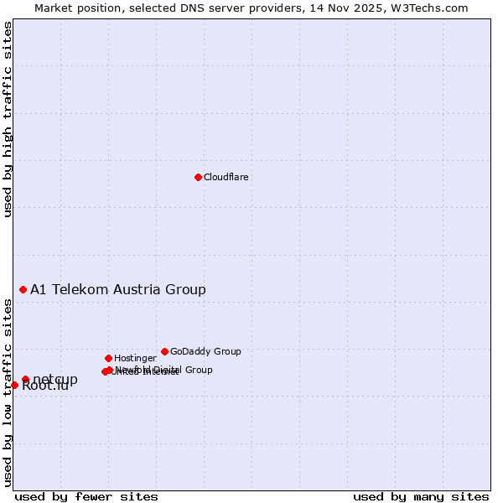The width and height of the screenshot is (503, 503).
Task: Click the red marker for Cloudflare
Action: click(x=198, y=177)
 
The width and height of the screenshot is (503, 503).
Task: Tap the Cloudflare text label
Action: click(x=226, y=178)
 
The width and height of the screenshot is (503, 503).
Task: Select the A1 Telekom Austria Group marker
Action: click(x=23, y=289)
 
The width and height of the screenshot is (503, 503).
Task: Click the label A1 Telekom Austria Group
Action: click(x=118, y=290)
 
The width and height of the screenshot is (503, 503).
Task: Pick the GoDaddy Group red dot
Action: click(x=164, y=351)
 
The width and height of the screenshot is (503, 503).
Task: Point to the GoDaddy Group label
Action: click(x=205, y=352)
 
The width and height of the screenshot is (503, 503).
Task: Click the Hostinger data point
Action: click(x=108, y=358)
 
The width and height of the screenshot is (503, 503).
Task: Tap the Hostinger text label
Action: click(x=135, y=359)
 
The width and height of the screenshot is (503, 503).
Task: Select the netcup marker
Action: click(x=25, y=380)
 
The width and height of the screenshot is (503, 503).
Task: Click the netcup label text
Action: click(x=55, y=379)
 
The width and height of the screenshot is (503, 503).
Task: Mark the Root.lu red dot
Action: click(x=14, y=385)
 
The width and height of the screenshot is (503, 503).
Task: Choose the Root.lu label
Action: click(x=44, y=387)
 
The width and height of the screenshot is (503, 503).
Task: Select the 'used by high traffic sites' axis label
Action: click(x=8, y=119)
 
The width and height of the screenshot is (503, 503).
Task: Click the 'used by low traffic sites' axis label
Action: click(x=8, y=392)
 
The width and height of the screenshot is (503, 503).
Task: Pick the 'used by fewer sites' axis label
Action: click(x=86, y=496)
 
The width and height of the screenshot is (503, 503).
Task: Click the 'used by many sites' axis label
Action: click(x=421, y=496)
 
